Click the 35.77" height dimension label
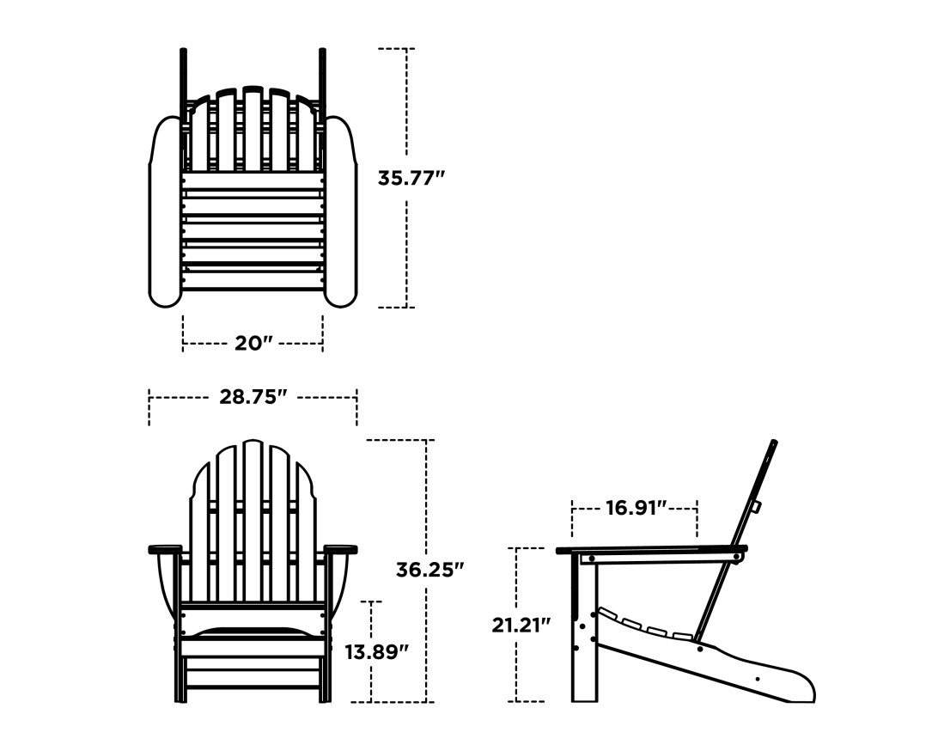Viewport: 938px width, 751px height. point(411,178)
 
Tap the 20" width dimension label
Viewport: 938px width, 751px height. point(253,343)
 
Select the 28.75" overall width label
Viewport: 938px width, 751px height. point(253,396)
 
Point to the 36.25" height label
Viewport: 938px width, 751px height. point(429,569)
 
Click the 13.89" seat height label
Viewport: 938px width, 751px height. point(376,651)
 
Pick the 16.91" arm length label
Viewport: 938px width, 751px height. point(636,508)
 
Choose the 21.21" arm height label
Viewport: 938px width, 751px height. point(521,625)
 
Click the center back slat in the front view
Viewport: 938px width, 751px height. point(253,516)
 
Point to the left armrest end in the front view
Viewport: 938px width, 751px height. point(165,549)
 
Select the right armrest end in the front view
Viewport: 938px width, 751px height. point(341,549)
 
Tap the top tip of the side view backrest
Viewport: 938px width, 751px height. point(773,444)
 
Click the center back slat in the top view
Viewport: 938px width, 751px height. point(253,129)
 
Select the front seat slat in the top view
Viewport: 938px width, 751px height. point(253,280)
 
